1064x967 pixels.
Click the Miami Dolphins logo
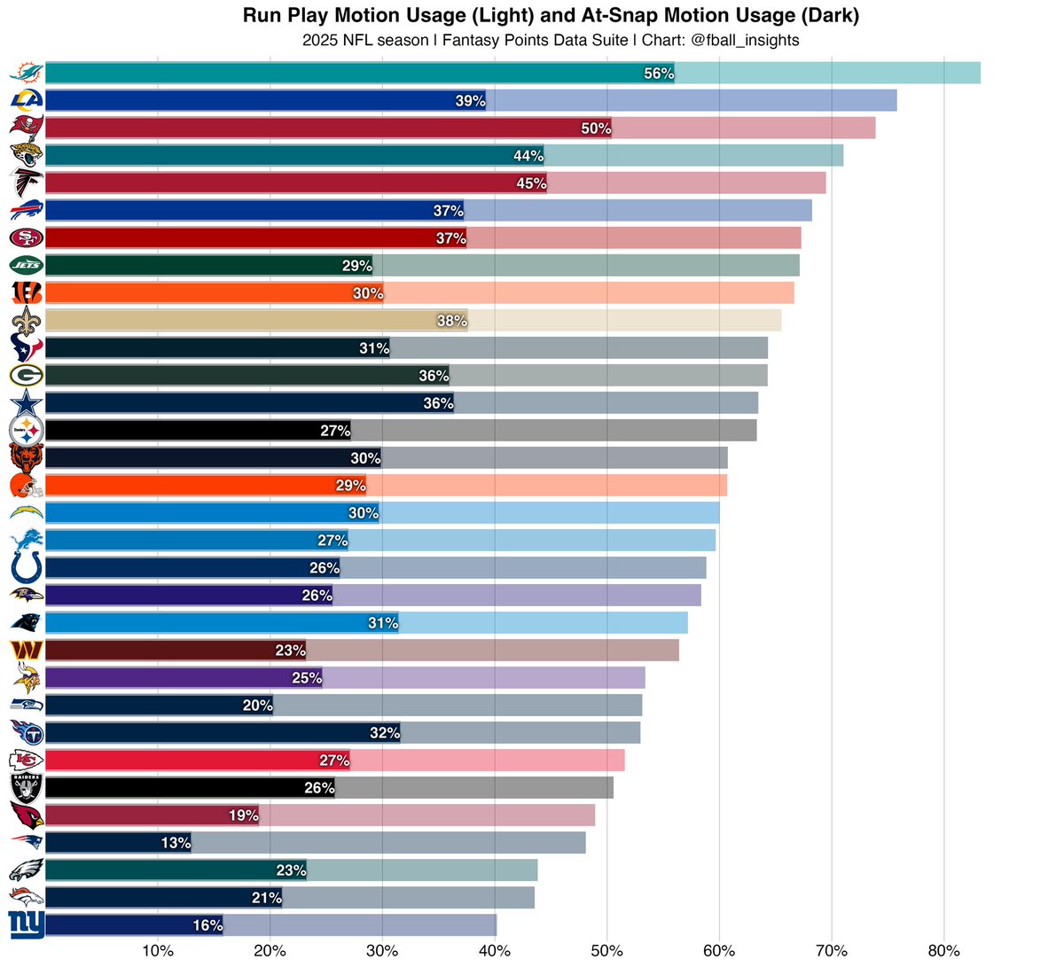point(26,73)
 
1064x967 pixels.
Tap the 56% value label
point(658,74)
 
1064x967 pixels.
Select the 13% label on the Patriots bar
point(176,842)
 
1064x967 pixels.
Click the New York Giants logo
point(26,925)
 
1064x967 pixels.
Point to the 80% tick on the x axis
point(943,951)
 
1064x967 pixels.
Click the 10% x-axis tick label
point(158,951)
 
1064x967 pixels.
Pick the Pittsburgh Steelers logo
point(26,431)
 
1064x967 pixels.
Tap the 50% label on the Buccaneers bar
point(596,129)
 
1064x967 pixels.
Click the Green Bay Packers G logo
point(26,376)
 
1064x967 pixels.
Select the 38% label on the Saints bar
point(452,320)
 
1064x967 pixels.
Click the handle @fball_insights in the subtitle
point(744,40)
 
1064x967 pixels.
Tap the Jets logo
point(26,265)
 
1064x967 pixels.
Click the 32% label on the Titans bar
point(385,732)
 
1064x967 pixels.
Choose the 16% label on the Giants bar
point(207,925)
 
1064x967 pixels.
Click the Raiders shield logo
point(26,787)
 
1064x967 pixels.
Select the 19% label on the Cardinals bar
point(244,815)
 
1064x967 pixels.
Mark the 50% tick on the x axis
point(606,951)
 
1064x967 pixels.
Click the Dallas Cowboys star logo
point(27,403)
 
